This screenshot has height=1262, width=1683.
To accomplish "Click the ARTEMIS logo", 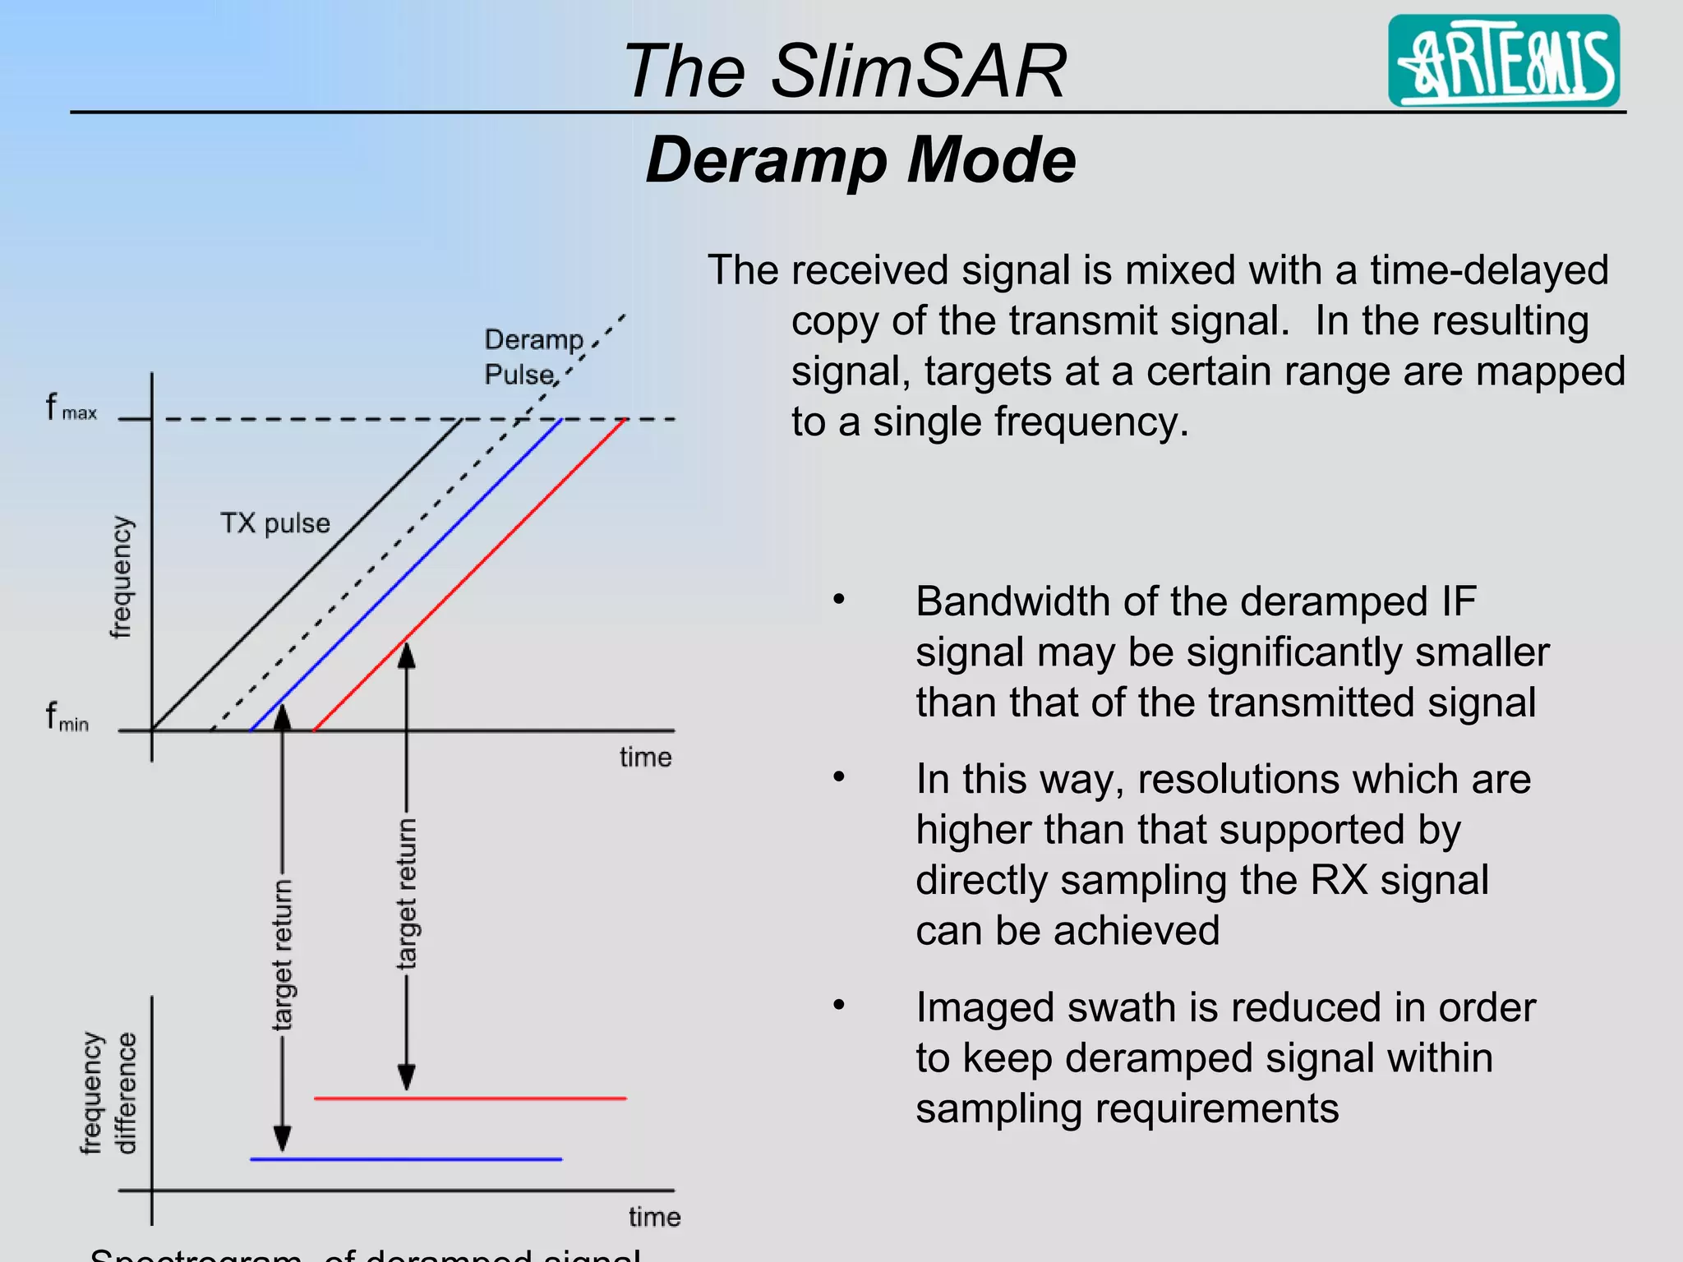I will coord(1503,61).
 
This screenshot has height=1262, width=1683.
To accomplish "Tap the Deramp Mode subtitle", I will coord(860,159).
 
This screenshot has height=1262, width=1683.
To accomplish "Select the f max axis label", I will coord(71,408).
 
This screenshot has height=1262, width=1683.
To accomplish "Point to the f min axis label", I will coord(67,716).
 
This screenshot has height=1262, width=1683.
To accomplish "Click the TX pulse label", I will coord(274,523).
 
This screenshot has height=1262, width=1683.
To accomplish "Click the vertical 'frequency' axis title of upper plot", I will coord(120,577).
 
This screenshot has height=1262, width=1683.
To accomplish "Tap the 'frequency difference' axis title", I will coord(108,1093).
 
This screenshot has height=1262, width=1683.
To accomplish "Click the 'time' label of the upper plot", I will coord(645,757).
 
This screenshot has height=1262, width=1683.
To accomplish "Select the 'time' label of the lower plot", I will coord(654,1216).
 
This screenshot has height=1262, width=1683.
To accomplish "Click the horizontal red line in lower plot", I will coord(470,1098).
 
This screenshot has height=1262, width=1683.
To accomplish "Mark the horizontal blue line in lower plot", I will coord(405,1159).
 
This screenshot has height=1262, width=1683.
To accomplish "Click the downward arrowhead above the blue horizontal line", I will coord(282,1138).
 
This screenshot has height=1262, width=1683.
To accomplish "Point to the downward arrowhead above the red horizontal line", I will coord(407,1076).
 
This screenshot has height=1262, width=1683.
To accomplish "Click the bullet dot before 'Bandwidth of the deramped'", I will coord(838,600).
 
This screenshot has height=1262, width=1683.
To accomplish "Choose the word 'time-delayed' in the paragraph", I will coord(1488,270).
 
